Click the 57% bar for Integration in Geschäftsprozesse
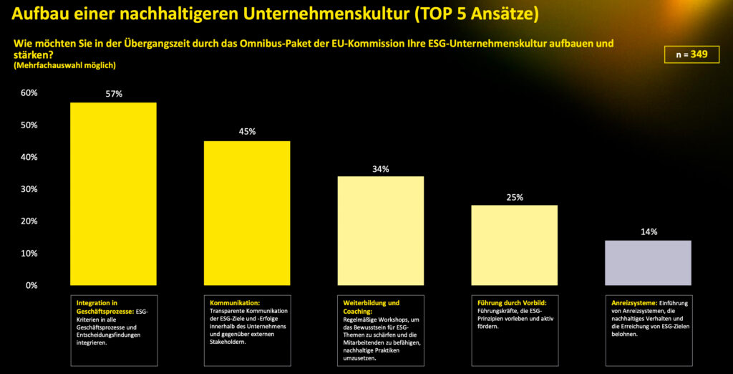coord(113,193)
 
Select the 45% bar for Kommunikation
coord(247,213)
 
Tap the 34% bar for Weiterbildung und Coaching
coord(380,230)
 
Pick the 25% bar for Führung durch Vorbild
coord(514,245)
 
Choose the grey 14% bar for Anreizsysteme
coord(648,262)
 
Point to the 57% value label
coord(114,94)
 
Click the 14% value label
coord(649,231)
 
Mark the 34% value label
coord(380,169)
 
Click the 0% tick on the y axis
coord(31,285)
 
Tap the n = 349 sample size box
coord(691,54)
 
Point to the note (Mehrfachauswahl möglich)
coord(64,65)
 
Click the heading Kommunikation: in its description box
coord(235,303)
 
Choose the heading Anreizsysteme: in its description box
coord(631,303)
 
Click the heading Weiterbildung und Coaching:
coord(371,307)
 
